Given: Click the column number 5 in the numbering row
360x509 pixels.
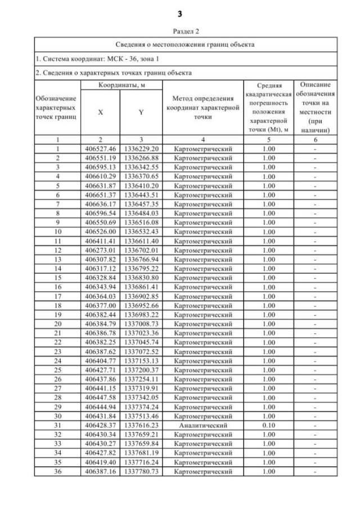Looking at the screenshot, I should [271, 139].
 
